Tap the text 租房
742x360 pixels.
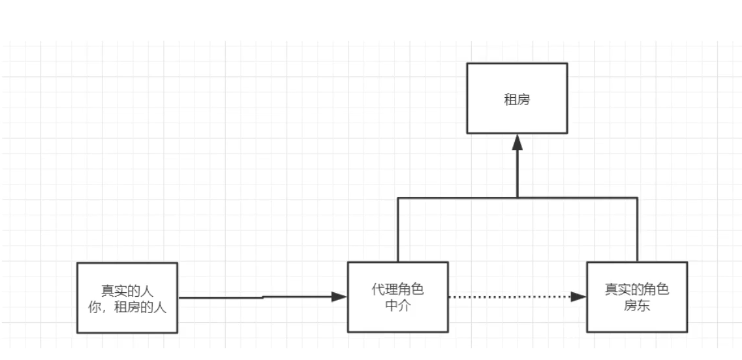click(517, 99)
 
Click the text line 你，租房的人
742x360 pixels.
click(127, 307)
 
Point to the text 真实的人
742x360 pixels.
click(127, 291)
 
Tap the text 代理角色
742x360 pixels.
click(397, 290)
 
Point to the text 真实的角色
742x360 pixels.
click(637, 290)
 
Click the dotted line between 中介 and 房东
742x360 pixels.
click(509, 297)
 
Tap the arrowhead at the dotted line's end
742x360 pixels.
click(580, 297)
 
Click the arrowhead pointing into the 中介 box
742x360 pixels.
click(339, 297)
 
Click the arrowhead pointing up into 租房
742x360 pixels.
click(518, 142)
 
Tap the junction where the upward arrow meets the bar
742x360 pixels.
click(518, 197)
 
